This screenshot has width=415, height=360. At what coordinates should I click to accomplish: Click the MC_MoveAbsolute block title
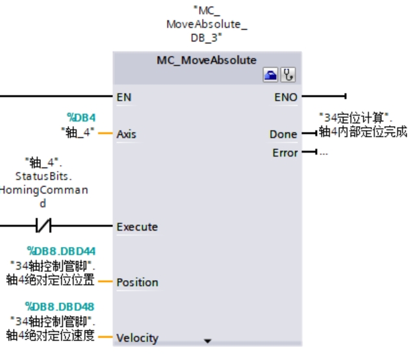(x=207, y=60)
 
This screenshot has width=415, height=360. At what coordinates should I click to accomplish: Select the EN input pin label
(x=123, y=97)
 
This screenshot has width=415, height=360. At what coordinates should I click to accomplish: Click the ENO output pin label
(x=286, y=97)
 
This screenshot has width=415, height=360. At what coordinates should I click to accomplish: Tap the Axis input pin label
(x=126, y=135)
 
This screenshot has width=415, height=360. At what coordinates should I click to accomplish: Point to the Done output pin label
(x=283, y=135)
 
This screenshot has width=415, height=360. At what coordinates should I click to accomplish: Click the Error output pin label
(x=284, y=153)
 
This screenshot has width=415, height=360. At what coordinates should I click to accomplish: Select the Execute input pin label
(x=137, y=227)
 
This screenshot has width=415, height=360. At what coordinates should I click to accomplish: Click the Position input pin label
(x=137, y=283)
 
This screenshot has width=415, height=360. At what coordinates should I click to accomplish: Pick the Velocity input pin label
(x=137, y=338)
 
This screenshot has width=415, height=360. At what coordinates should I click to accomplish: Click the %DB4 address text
(x=81, y=118)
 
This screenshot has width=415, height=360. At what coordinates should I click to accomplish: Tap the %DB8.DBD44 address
(x=61, y=251)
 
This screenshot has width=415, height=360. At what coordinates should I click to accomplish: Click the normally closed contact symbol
(x=43, y=227)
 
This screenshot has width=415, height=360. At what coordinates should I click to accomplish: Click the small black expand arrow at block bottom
(x=208, y=340)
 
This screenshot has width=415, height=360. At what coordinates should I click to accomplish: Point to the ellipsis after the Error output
(x=324, y=153)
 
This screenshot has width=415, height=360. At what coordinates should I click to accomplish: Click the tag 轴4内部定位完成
(x=363, y=133)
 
